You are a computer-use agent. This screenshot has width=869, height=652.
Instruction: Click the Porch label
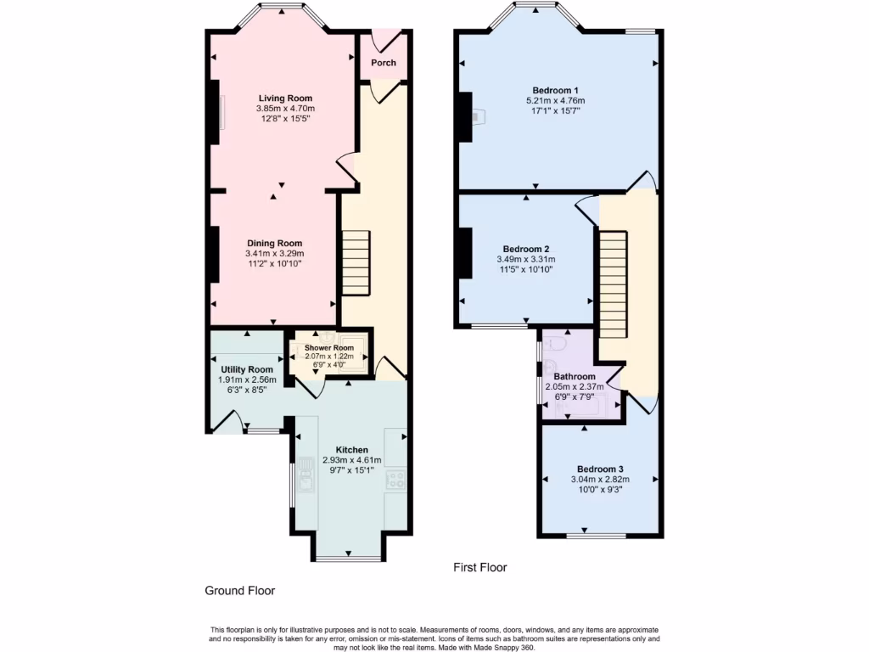pos(384,63)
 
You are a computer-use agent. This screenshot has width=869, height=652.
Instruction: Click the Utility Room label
pos(247,369)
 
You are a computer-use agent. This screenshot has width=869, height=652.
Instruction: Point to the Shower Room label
pos(329,348)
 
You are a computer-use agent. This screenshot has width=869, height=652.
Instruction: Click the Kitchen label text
pos(351,450)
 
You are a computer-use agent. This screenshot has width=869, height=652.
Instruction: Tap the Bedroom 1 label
pos(555,90)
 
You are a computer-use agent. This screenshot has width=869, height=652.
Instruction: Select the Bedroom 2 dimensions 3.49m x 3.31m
pos(526,260)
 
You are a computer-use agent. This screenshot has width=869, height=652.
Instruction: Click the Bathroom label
pos(575,376)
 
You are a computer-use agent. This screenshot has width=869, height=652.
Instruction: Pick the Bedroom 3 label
pos(600,469)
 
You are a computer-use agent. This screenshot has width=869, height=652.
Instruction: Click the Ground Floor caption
pos(240,591)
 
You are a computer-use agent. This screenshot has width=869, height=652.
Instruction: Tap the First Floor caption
pos(480,567)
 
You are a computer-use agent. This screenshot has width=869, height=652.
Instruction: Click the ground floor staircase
pos(356,262)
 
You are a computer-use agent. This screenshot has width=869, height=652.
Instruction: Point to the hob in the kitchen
pos(395,481)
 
